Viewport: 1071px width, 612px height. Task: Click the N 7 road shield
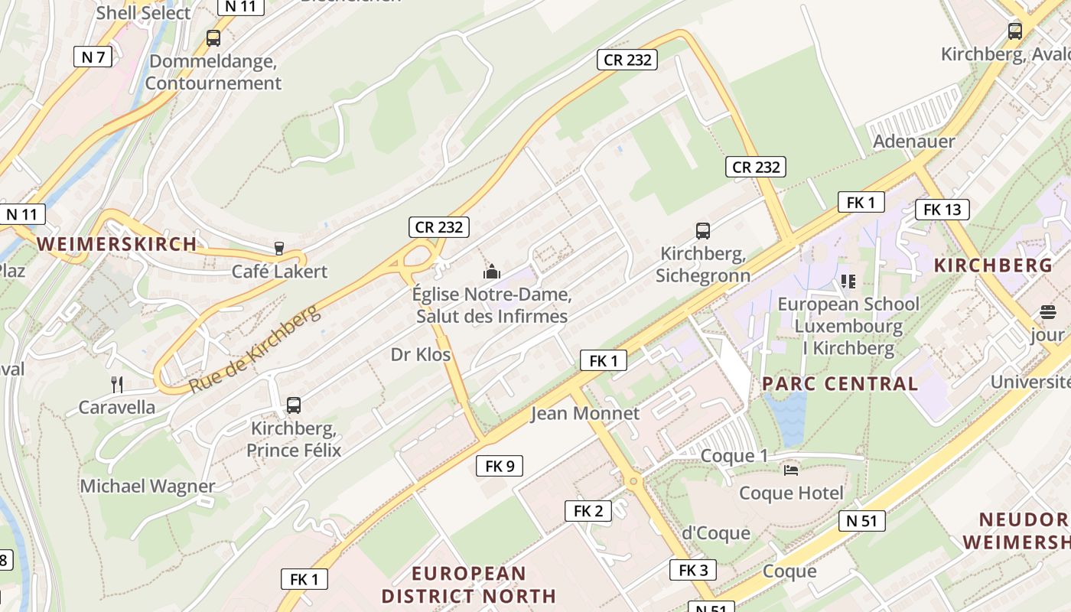click(93, 57)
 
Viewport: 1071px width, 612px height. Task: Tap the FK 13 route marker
click(942, 210)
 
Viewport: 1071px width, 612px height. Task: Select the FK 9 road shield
click(500, 465)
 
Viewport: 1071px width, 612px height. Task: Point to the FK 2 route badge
click(588, 511)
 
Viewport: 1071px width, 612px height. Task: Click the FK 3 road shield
click(693, 570)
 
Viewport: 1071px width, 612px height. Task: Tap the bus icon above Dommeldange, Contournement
click(213, 37)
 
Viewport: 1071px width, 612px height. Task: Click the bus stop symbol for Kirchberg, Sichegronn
click(702, 230)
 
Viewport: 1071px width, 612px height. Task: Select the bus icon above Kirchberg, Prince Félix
click(293, 405)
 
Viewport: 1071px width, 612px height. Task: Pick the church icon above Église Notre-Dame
click(491, 271)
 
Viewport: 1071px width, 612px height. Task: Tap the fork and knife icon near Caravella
click(117, 384)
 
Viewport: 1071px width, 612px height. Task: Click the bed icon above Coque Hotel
click(791, 470)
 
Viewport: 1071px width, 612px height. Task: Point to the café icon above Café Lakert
click(279, 249)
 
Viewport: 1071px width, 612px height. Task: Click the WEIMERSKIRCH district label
click(117, 244)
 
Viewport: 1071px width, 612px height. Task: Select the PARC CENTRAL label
click(839, 384)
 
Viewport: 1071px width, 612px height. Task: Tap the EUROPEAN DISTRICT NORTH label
click(468, 584)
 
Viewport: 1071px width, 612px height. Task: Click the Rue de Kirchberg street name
click(254, 349)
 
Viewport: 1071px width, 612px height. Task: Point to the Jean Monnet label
click(584, 414)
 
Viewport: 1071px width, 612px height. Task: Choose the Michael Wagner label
click(148, 486)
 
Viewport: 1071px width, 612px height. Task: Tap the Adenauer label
click(914, 142)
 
